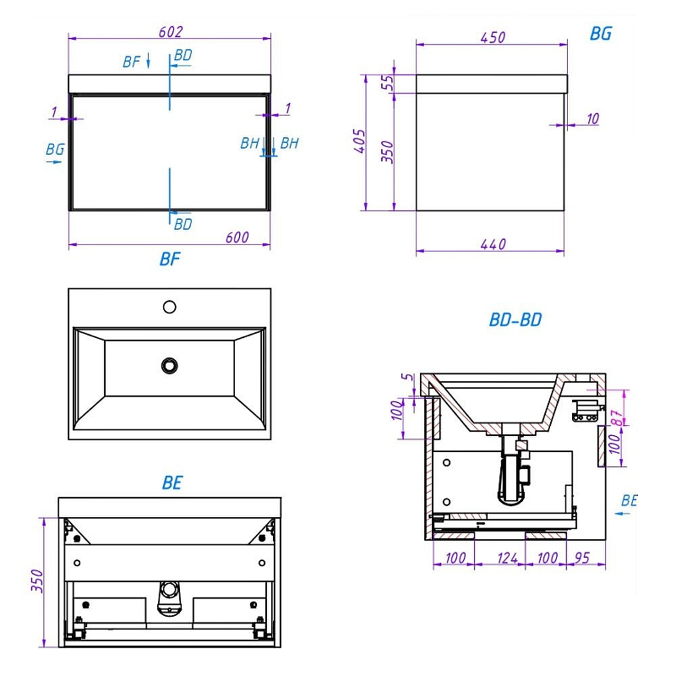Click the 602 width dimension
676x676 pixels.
[x=171, y=32]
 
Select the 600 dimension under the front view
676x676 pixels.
[x=237, y=237]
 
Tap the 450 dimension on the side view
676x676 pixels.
[x=493, y=37]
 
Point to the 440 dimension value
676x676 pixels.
[x=493, y=244]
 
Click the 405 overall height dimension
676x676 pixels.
[x=360, y=140]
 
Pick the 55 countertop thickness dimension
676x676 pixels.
[x=388, y=82]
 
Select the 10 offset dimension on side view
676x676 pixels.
[x=593, y=118]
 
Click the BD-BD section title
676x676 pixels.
[x=515, y=319]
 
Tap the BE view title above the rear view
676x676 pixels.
[x=172, y=482]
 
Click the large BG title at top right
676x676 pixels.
[x=601, y=33]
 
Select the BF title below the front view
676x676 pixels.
[x=170, y=259]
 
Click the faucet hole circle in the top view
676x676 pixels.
[x=170, y=307]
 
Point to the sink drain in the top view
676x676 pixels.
[x=170, y=366]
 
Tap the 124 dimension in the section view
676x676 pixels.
[x=507, y=558]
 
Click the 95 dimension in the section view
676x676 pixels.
[x=582, y=558]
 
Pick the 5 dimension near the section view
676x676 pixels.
[x=407, y=377]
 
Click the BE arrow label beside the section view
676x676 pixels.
[x=629, y=500]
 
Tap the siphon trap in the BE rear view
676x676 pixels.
[x=170, y=599]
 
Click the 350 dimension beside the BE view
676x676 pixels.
[x=37, y=581]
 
